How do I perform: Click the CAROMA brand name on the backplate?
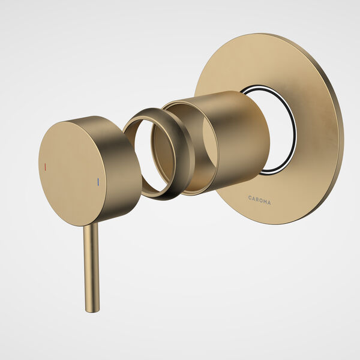coord(259,199)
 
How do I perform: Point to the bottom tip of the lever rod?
coord(92,310)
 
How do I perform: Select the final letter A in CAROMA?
coord(269,202)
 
